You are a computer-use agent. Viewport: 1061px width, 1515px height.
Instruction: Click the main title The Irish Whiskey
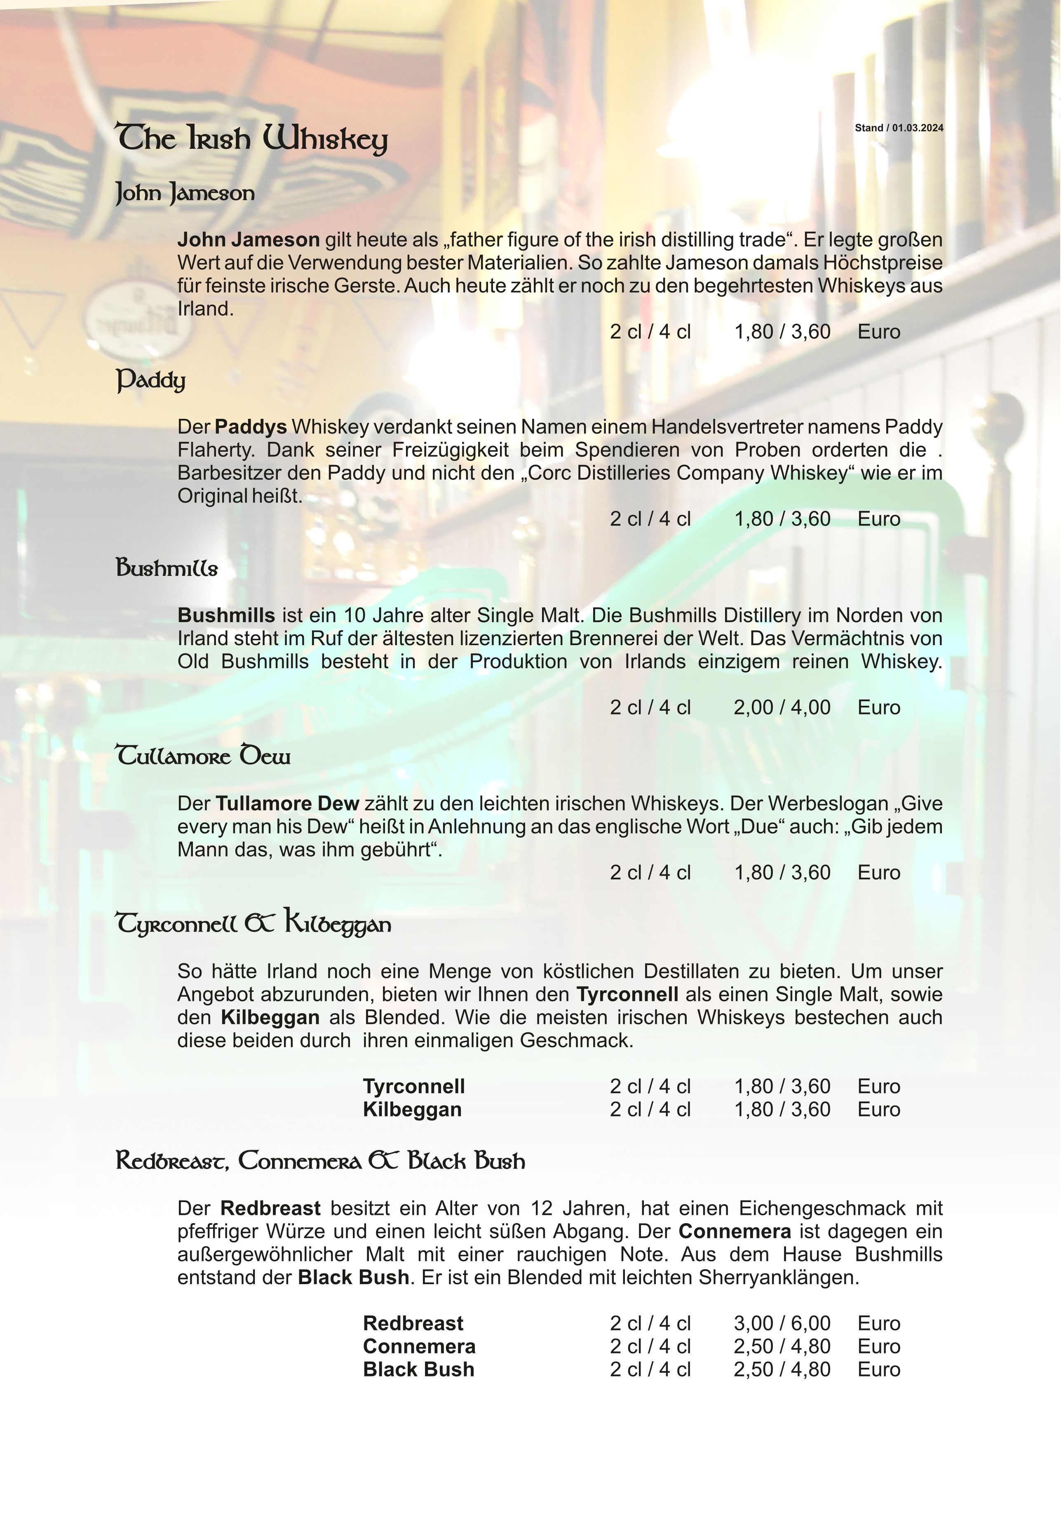pyautogui.click(x=251, y=139)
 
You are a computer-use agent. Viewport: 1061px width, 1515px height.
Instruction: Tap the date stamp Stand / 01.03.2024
pyautogui.click(x=899, y=128)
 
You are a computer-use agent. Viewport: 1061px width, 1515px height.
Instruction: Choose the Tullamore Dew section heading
pyautogui.click(x=203, y=756)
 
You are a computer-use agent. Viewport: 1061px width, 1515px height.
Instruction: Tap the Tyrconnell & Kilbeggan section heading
pyautogui.click(x=254, y=923)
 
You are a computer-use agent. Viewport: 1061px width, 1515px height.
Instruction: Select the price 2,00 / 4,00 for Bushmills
pyautogui.click(x=782, y=707)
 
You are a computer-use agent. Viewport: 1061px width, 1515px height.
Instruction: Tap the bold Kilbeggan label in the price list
pyautogui.click(x=412, y=1109)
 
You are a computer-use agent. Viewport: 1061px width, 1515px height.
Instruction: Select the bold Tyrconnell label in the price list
pyautogui.click(x=414, y=1086)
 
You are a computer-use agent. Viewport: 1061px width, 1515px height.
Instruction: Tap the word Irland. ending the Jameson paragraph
pyautogui.click(x=205, y=309)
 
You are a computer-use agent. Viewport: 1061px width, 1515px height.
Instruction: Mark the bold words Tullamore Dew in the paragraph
pyautogui.click(x=287, y=804)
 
